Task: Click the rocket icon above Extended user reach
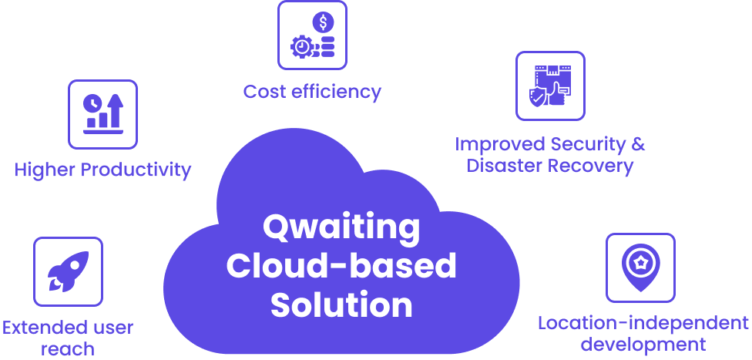(x=68, y=271)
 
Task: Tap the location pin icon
(x=640, y=267)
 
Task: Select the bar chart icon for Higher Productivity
(x=102, y=114)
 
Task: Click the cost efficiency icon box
(x=312, y=35)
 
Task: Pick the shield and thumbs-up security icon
(x=550, y=86)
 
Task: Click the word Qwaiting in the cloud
(x=341, y=228)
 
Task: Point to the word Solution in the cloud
(x=341, y=304)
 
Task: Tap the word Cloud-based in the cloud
(x=341, y=266)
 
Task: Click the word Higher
(x=45, y=170)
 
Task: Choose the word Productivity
(x=136, y=170)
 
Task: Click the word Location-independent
(x=643, y=323)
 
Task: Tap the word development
(x=643, y=344)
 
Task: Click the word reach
(x=67, y=348)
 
